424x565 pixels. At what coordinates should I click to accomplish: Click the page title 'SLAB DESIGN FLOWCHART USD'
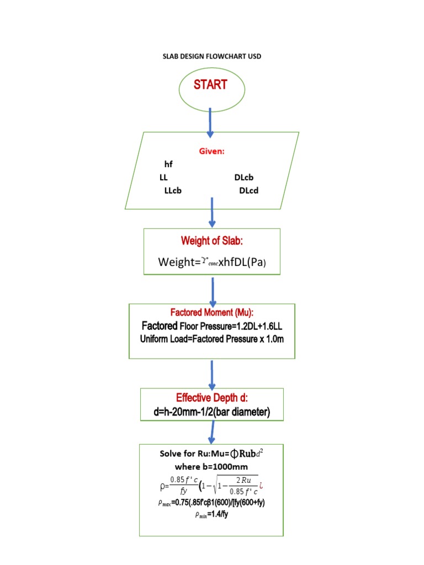(x=212, y=57)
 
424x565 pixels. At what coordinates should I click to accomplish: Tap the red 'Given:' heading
(x=212, y=151)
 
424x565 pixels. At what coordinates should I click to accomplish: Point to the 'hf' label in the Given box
(x=168, y=164)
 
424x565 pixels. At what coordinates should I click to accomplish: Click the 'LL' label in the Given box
(x=163, y=178)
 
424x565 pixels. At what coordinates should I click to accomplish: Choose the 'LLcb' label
(x=173, y=191)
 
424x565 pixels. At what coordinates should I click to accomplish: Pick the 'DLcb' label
(x=244, y=178)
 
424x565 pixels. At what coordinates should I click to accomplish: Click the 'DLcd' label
(x=249, y=191)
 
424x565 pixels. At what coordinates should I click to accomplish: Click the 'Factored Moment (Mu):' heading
(x=213, y=313)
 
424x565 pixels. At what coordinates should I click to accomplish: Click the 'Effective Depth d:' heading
(x=212, y=398)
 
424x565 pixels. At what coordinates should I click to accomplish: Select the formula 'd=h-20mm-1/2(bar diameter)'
(x=212, y=412)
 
